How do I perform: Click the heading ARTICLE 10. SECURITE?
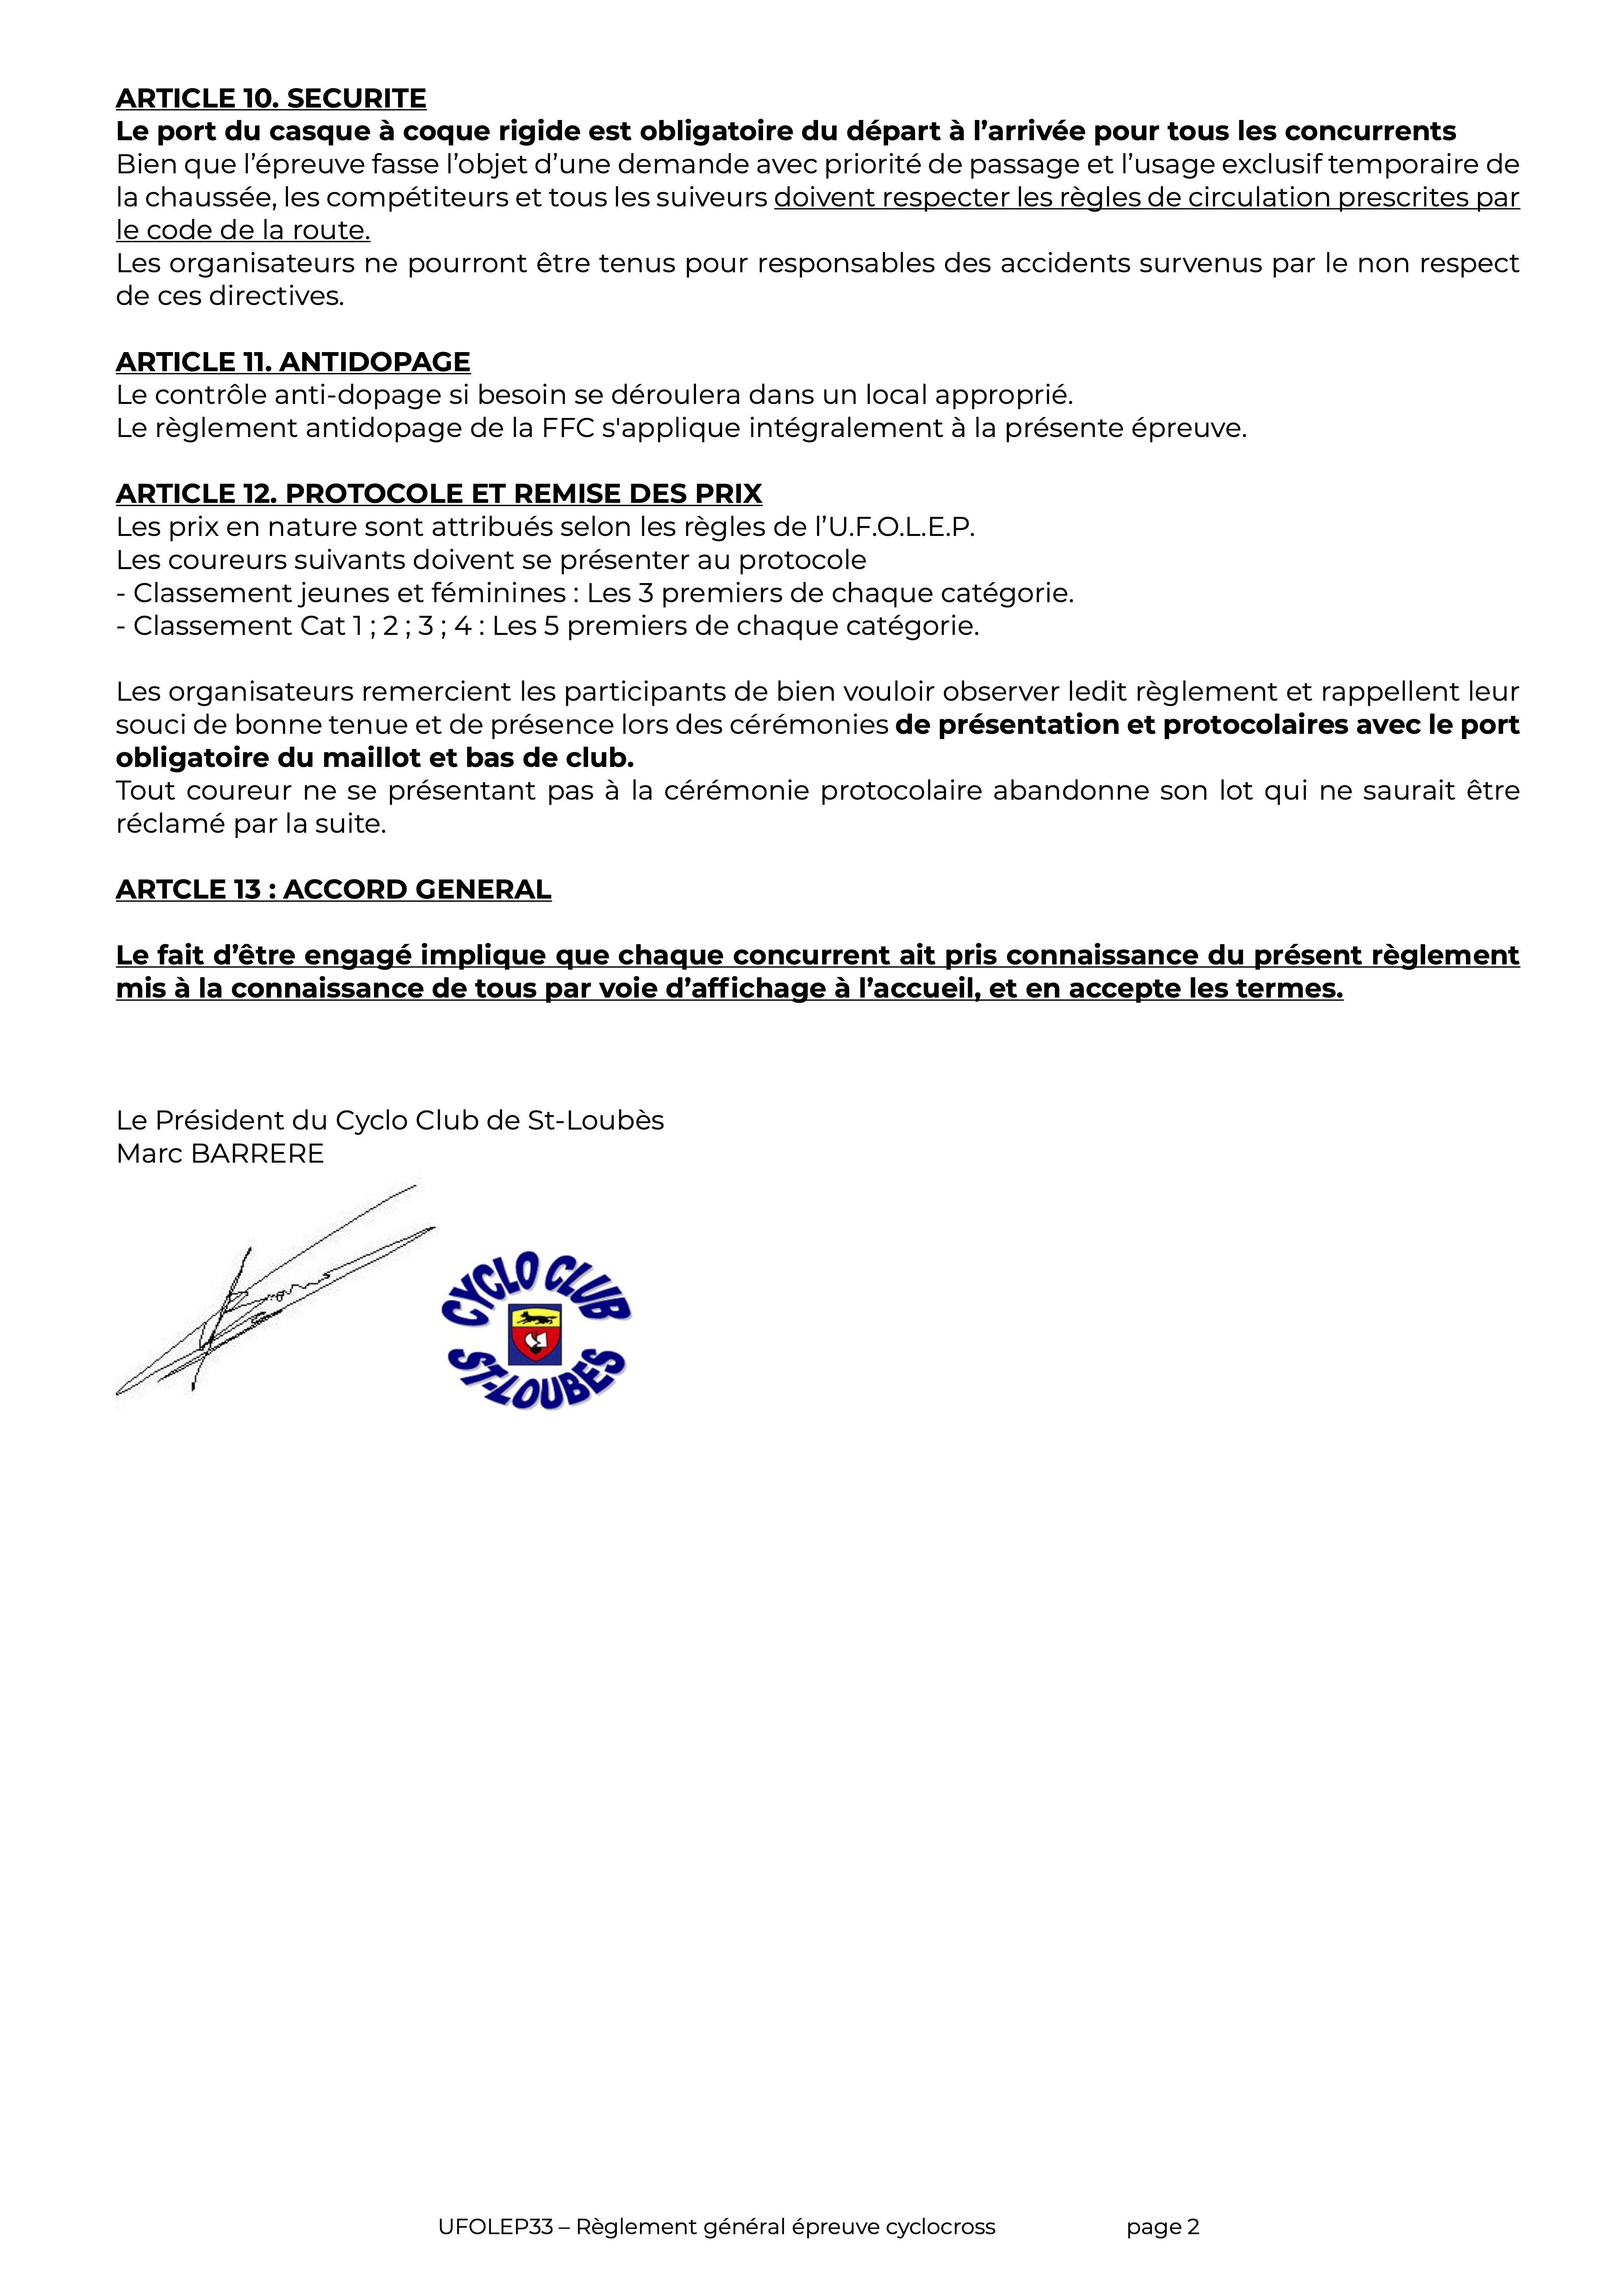pyautogui.click(x=271, y=98)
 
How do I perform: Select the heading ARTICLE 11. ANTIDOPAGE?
pyautogui.click(x=293, y=362)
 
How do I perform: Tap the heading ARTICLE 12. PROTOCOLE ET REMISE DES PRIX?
pyautogui.click(x=438, y=494)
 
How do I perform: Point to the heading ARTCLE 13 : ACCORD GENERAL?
pyautogui.click(x=333, y=890)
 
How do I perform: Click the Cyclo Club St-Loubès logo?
pyautogui.click(x=536, y=1329)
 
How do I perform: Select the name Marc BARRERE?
pyautogui.click(x=220, y=1153)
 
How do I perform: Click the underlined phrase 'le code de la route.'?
pyautogui.click(x=243, y=230)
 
